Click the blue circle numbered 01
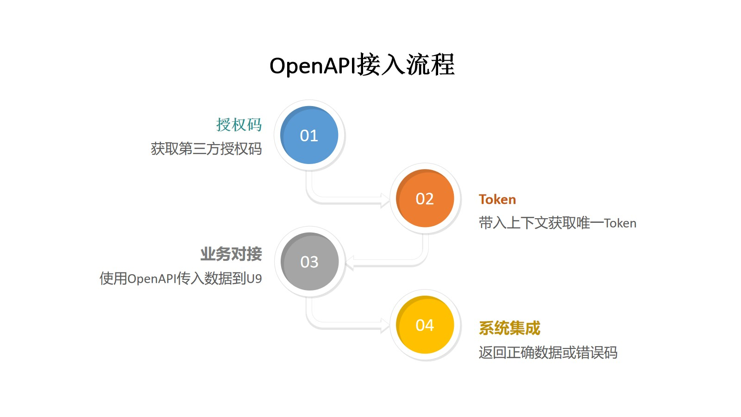[x=309, y=135]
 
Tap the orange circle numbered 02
[x=425, y=198]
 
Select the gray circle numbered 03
[x=309, y=262]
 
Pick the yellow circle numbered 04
[x=425, y=325]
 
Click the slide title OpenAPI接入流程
[x=362, y=65]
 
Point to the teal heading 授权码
[x=239, y=125]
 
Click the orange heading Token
[x=497, y=199]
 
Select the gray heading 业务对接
[x=231, y=254]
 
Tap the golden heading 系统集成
[x=509, y=328]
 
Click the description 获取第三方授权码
[x=206, y=149]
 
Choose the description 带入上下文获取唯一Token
[x=557, y=223]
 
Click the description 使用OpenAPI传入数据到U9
[x=181, y=278]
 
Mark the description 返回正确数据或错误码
[x=548, y=353]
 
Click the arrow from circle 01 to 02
[x=343, y=200]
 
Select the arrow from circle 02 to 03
[x=389, y=265]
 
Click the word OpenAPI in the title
[x=313, y=65]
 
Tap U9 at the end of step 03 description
[x=254, y=278]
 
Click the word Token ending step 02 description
[x=620, y=223]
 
